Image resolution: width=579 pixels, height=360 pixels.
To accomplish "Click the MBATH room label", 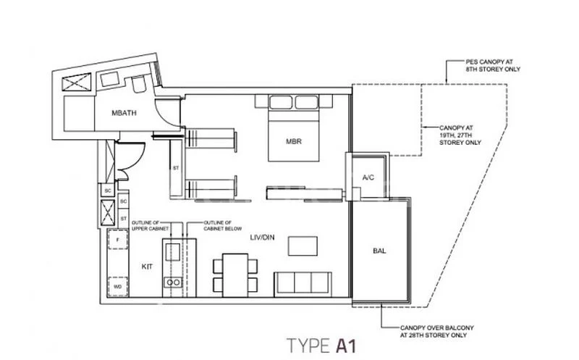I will pyautogui.click(x=124, y=114).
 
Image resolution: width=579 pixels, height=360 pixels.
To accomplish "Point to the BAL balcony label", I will pyautogui.click(x=379, y=251).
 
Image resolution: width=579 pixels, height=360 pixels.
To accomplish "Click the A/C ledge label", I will pyautogui.click(x=368, y=177).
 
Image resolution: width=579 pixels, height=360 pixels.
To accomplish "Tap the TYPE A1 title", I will pyautogui.click(x=321, y=343).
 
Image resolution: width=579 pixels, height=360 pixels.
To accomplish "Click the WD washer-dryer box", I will pyautogui.click(x=117, y=287).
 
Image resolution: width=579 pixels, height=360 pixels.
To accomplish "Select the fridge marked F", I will pyautogui.click(x=117, y=238).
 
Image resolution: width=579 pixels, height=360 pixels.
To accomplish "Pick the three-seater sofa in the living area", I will pyautogui.click(x=303, y=283).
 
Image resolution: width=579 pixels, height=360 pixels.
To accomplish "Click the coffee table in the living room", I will pyautogui.click(x=302, y=246).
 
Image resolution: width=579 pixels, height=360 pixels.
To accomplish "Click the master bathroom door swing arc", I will pyautogui.click(x=168, y=114).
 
